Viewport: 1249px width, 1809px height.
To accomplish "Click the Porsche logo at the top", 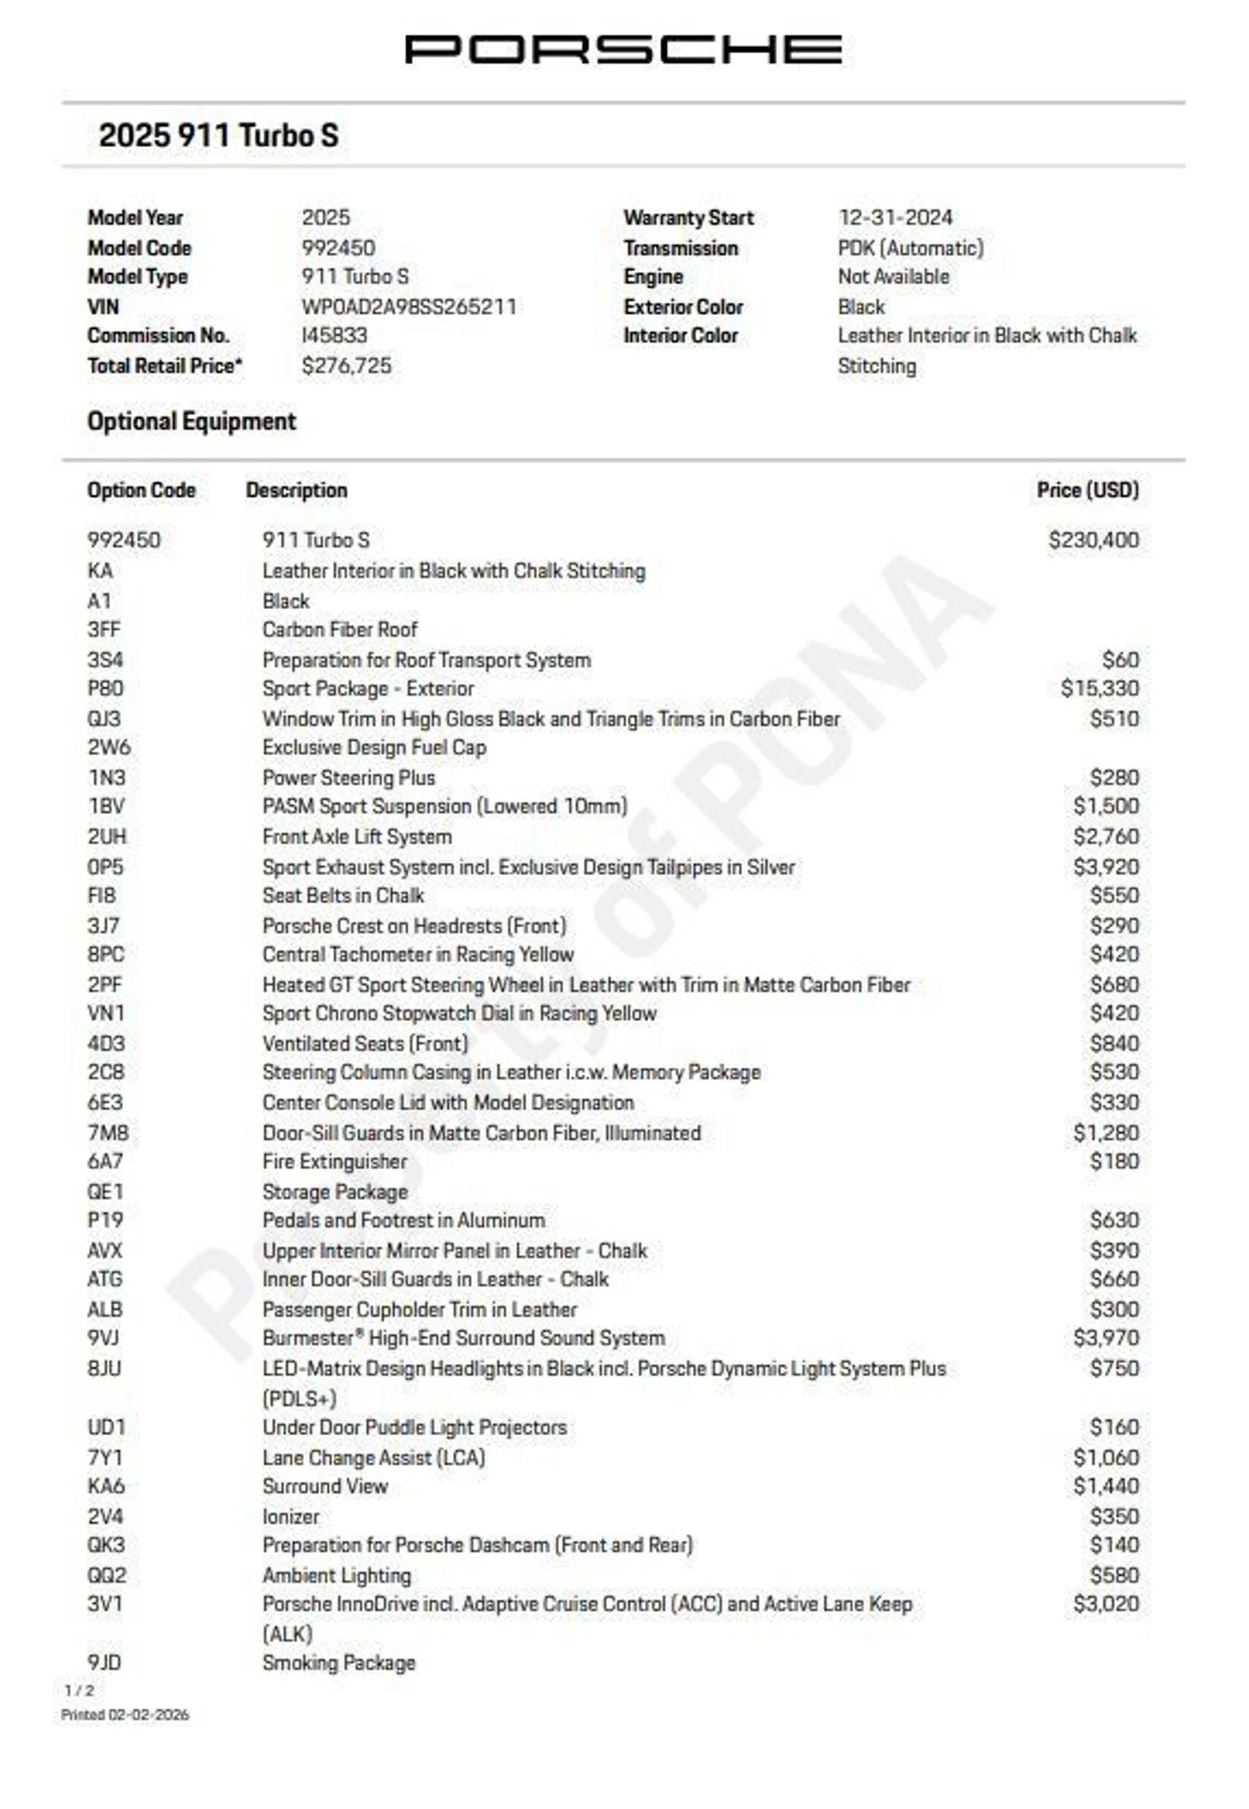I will click(623, 49).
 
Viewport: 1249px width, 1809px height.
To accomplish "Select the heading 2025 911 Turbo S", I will click(219, 135).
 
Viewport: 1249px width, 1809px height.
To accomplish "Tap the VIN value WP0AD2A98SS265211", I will click(409, 307).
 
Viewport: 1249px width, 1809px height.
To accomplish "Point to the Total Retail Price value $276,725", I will click(347, 366).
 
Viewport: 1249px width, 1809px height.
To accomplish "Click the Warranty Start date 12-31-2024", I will click(895, 217).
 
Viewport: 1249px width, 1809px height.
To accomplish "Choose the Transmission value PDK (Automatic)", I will click(910, 248).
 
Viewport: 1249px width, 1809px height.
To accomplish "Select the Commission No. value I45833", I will click(334, 336).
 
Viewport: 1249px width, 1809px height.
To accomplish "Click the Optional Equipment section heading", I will click(192, 422).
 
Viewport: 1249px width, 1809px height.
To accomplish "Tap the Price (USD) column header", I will click(1087, 490).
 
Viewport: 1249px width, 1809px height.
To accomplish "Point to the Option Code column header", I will click(142, 490).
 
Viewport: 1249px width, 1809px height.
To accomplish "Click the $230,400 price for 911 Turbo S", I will click(1094, 540).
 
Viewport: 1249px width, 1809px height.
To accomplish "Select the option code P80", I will click(105, 689).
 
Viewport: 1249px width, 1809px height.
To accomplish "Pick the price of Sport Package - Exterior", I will click(1099, 689).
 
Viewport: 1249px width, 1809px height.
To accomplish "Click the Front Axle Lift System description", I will click(357, 837).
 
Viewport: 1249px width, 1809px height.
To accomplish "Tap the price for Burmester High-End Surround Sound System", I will click(1106, 1338).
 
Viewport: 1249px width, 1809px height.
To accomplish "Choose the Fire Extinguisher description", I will click(335, 1162).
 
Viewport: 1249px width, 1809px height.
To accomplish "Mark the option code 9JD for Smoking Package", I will click(105, 1663).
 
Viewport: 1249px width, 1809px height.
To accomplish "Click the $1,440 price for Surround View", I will click(1106, 1486).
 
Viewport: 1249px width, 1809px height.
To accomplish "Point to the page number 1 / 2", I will click(79, 1691).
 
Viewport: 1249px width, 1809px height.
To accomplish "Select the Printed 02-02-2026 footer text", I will click(125, 1714).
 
